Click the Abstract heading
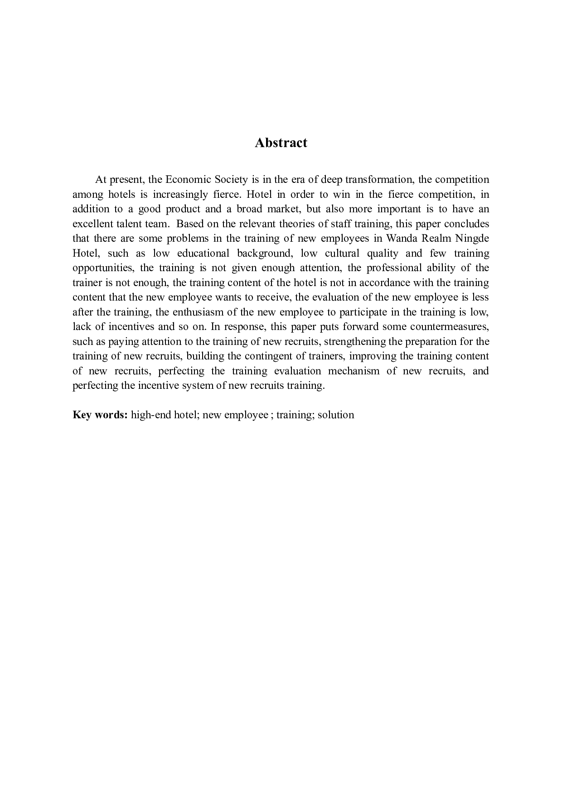pyautogui.click(x=281, y=143)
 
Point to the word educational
pyautogui.click(x=203, y=253)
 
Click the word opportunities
pyautogui.click(x=103, y=268)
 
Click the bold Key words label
pyautogui.click(x=100, y=415)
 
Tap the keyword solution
pyautogui.click(x=336, y=415)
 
